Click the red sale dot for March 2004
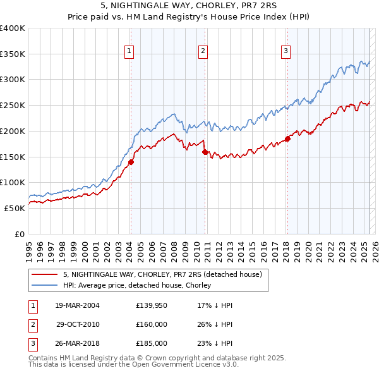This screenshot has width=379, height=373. point(131,162)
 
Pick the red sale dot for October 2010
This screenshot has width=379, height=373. point(205,152)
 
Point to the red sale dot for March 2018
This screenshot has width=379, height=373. point(287,139)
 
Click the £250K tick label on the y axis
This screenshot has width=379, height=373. point(13,106)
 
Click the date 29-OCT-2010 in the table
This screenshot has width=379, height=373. point(78,324)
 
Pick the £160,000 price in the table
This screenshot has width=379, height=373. point(151,324)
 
